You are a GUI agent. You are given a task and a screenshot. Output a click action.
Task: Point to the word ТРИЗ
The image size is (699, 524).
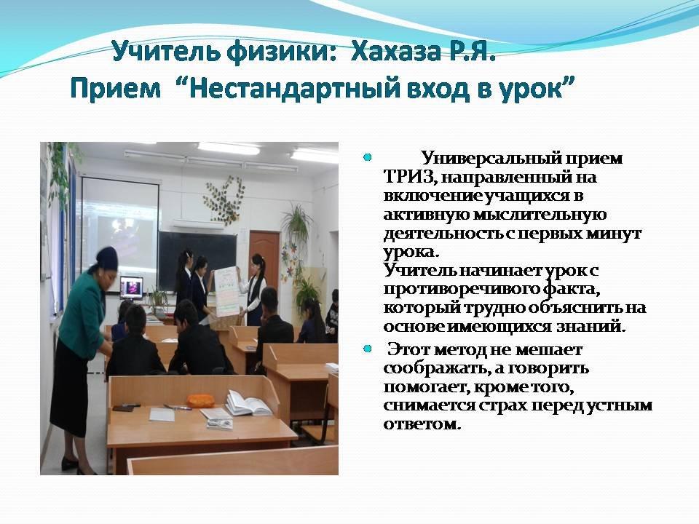click(407, 177)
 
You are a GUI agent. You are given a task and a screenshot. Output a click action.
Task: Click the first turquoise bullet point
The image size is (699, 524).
click(367, 157)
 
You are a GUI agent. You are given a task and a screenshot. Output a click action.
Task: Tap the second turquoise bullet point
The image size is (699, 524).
click(367, 349)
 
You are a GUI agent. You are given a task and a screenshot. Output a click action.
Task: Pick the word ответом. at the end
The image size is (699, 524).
click(422, 424)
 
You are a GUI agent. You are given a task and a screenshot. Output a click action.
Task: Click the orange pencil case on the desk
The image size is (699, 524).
click(200, 400)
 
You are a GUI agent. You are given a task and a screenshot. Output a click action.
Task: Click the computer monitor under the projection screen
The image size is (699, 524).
click(132, 288)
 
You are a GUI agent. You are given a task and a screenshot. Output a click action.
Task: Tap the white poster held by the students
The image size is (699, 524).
click(227, 293)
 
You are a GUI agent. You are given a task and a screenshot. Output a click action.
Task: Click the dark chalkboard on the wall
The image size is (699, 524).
click(197, 261)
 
